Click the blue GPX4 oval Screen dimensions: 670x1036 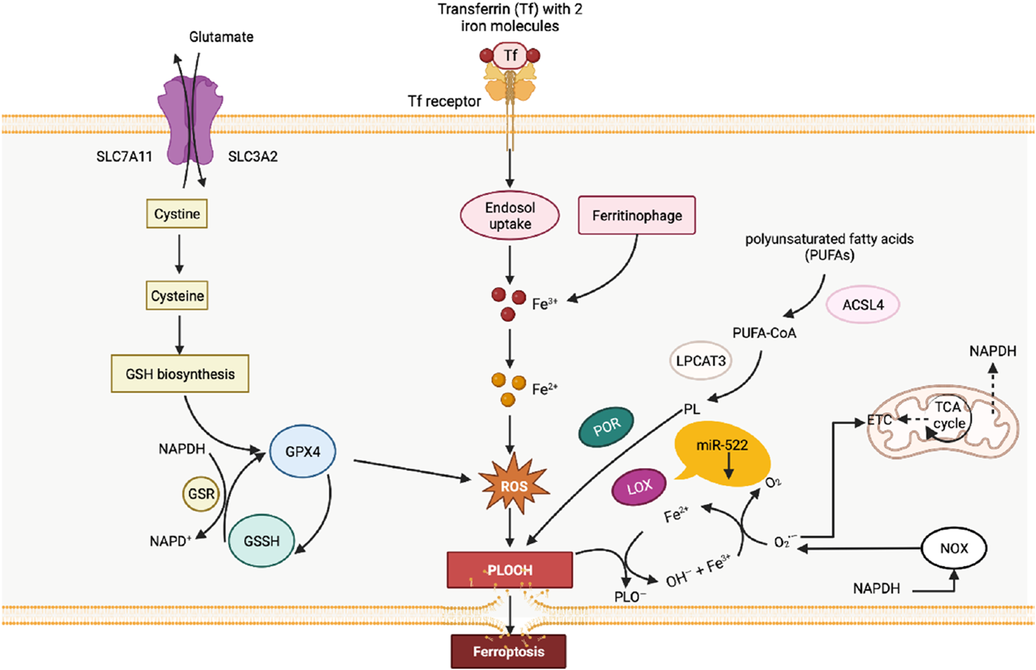pos(302,451)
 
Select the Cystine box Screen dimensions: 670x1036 pos(177,214)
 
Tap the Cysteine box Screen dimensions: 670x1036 pos(177,296)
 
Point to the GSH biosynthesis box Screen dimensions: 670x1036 pos(180,374)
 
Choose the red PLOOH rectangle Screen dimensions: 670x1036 pos(509,570)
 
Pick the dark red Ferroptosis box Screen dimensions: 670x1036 pos(508,651)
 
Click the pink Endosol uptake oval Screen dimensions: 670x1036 pos(510,216)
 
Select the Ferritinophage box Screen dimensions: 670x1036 pos(637,216)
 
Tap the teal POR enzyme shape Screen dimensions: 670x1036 pos(606,427)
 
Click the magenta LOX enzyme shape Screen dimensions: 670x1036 pos(639,486)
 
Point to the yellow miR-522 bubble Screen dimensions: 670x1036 pos(722,453)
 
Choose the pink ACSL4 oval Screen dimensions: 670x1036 pos(863,305)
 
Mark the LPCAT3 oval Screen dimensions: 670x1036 pos(700,360)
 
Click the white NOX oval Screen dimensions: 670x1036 pos(954,548)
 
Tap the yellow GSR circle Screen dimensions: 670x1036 pos(201,494)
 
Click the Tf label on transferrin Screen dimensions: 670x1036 pos(510,56)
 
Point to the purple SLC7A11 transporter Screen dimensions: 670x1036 pos(190,120)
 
